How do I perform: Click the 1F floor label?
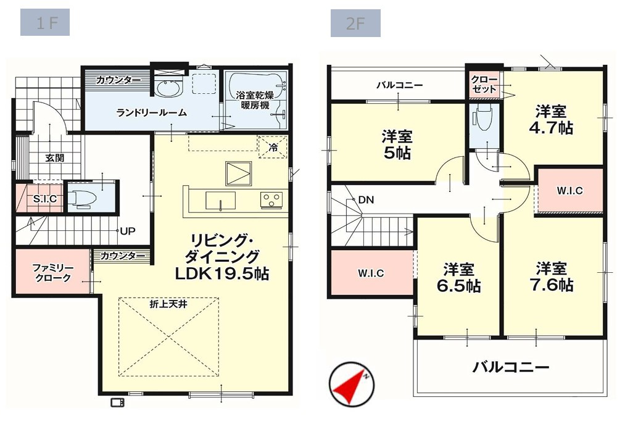point(44,24)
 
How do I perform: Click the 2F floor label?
point(355,24)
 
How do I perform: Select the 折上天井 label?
point(167,304)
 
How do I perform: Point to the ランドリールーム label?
point(152,113)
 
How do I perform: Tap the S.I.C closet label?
point(44,199)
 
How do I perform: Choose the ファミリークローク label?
point(53,273)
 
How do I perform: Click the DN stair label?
point(366,200)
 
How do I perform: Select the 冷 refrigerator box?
point(272,147)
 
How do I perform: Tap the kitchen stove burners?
point(271,199)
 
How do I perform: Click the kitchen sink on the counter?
point(220,201)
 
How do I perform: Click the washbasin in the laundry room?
point(167,89)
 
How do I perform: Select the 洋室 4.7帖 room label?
point(553,120)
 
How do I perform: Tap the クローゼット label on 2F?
point(483,84)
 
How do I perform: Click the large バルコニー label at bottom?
point(511,368)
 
